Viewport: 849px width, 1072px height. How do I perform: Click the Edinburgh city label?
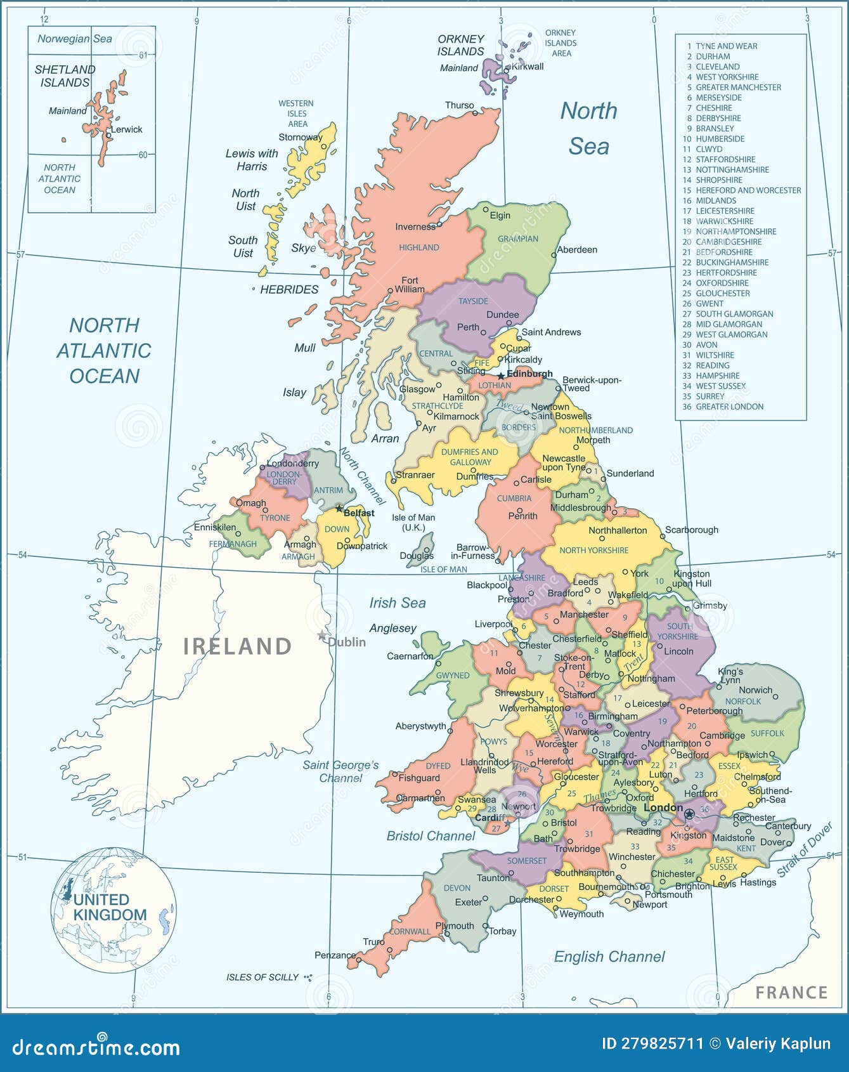click(x=529, y=374)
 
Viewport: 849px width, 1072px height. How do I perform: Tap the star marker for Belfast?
click(x=339, y=508)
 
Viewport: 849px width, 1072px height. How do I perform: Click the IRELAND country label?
click(x=237, y=646)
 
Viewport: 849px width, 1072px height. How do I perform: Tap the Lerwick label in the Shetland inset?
click(x=127, y=129)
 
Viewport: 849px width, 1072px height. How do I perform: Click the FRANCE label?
click(x=791, y=992)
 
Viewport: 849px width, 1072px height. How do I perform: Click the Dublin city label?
click(x=347, y=642)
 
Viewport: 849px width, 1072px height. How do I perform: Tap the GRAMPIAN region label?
click(x=518, y=239)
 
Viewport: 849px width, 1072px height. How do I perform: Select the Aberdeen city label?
click(x=577, y=249)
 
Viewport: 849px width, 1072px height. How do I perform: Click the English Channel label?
click(x=609, y=957)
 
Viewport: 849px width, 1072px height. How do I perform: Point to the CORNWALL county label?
click(x=410, y=932)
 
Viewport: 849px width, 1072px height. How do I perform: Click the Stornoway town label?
click(x=300, y=137)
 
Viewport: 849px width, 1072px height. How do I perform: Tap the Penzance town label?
click(x=335, y=955)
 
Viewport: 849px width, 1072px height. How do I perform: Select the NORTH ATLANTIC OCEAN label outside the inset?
click(x=104, y=350)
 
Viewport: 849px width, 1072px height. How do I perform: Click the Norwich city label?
click(x=755, y=690)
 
